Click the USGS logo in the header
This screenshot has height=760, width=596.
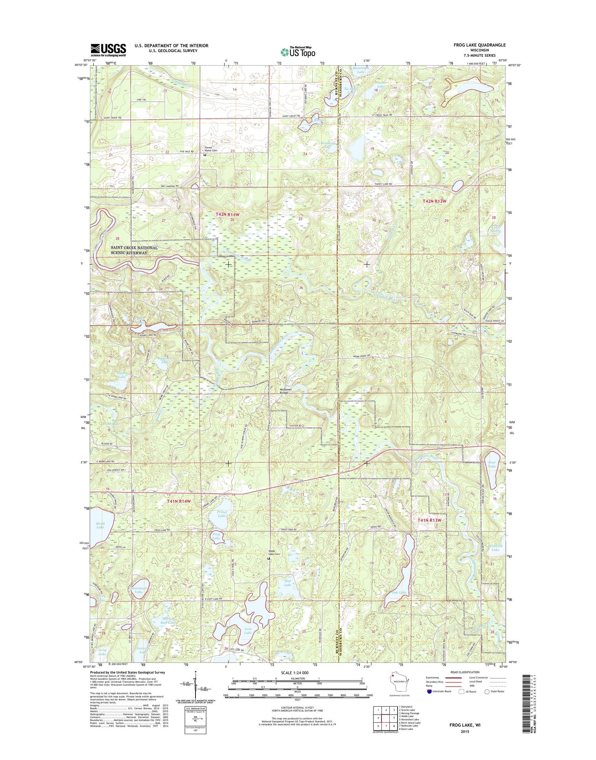[108, 50]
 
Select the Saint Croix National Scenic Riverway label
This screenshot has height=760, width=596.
[134, 250]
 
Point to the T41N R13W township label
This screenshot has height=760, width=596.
[430, 520]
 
